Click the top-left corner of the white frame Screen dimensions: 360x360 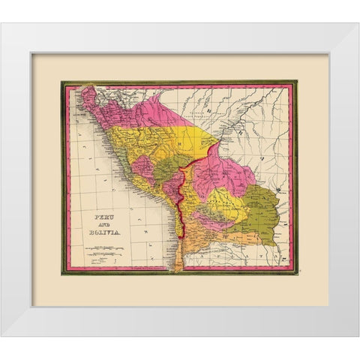2,25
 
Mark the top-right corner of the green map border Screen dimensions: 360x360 296,81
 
